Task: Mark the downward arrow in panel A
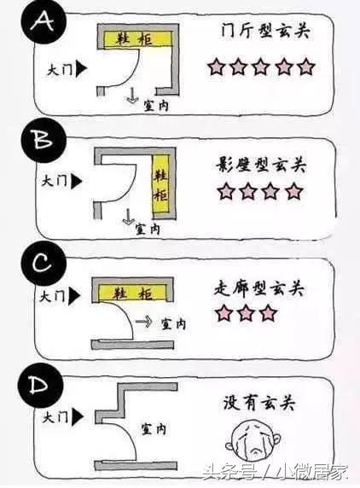point(132,99)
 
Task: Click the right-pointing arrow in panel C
point(143,323)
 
